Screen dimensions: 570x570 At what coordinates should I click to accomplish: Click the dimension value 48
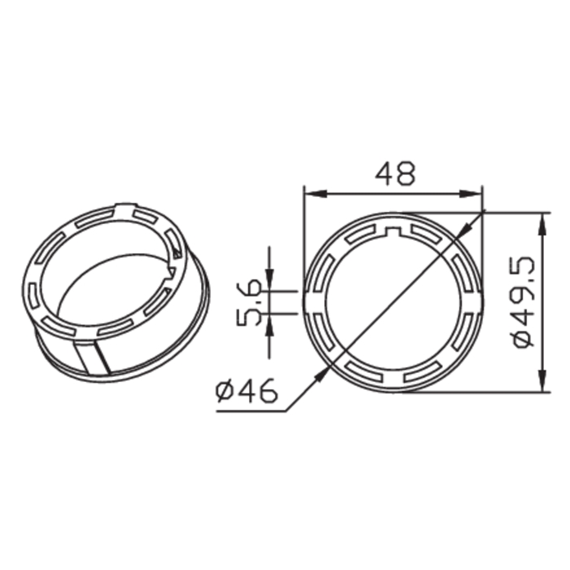(394, 173)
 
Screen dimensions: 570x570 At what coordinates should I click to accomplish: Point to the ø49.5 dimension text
(522, 301)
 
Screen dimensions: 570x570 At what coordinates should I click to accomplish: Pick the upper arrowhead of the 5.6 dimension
(270, 281)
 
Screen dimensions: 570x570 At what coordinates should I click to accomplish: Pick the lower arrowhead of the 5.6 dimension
(270, 322)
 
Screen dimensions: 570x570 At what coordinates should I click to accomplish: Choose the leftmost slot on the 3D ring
(33, 293)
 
